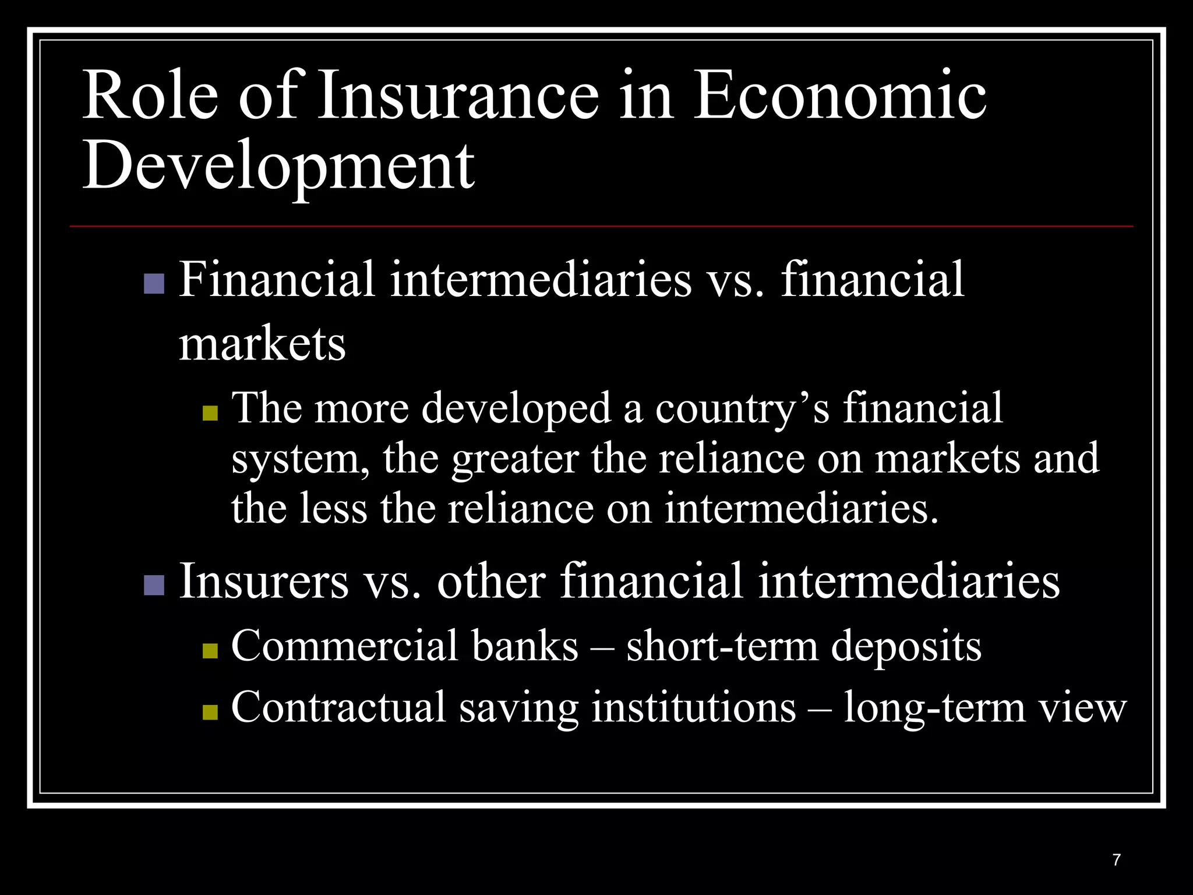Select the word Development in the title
[x=278, y=166]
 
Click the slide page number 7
[x=1116, y=859]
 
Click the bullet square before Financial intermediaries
[x=154, y=284]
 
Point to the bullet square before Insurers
[x=154, y=584]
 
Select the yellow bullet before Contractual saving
[x=210, y=711]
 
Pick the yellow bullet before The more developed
[x=210, y=413]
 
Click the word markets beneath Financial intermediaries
[x=262, y=344]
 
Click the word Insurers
[x=263, y=581]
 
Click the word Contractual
[x=338, y=707]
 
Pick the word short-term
[x=722, y=647]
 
